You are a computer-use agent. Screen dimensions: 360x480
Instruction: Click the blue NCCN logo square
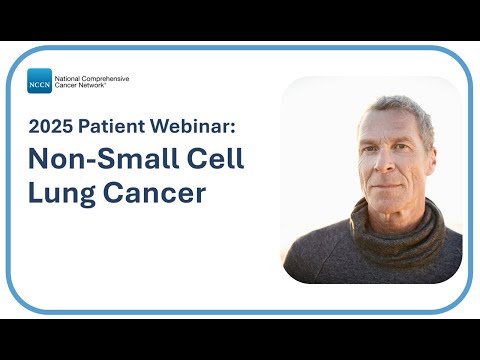click(x=39, y=81)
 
